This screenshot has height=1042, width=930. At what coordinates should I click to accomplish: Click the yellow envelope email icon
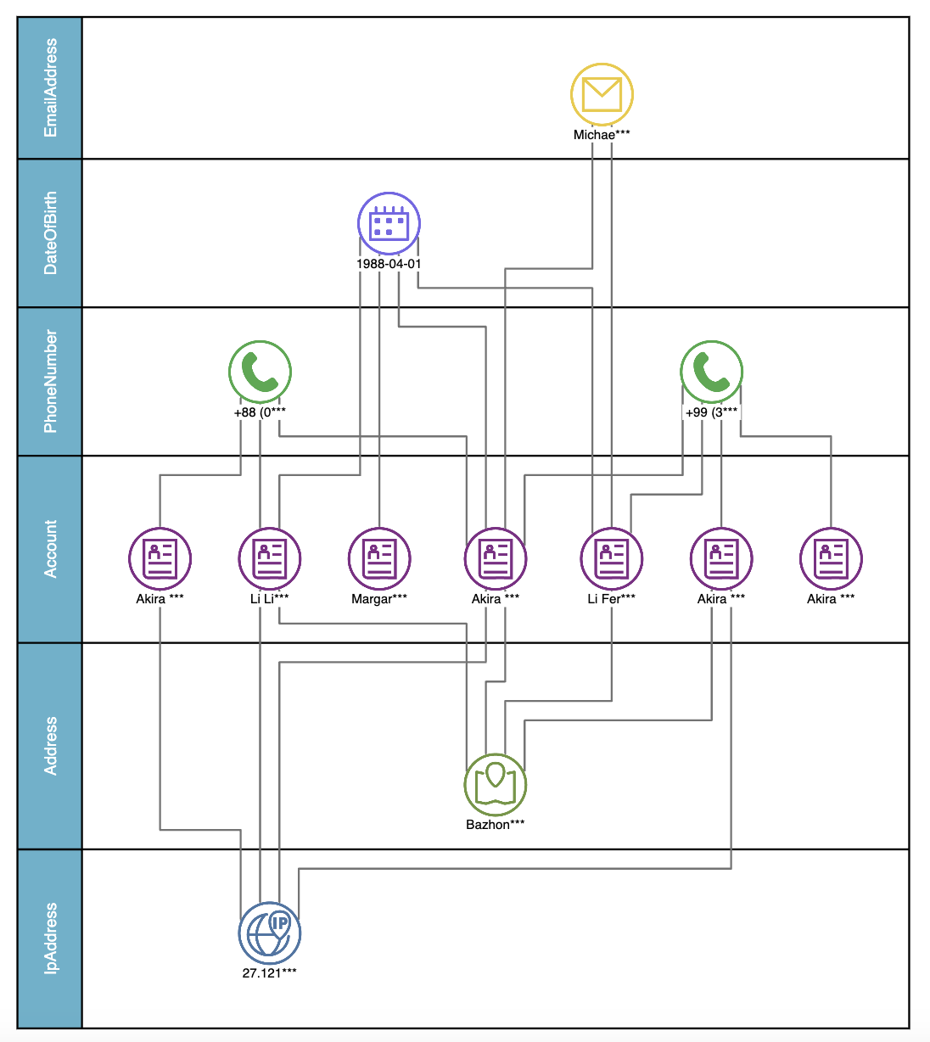(602, 94)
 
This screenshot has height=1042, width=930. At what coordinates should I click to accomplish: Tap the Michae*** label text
(602, 135)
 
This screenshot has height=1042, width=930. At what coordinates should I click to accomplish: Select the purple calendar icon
(389, 224)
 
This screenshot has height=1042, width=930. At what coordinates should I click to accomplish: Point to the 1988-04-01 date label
(389, 264)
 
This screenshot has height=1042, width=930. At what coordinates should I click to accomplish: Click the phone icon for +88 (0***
(260, 372)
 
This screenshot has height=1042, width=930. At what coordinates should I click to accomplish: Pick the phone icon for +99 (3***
(711, 372)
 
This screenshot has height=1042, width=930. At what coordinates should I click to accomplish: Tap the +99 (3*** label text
(711, 412)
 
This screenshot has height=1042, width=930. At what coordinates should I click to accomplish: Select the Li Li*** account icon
(270, 558)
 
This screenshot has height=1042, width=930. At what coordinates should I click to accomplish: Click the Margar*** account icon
(379, 558)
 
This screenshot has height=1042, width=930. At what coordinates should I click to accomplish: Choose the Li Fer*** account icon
(611, 558)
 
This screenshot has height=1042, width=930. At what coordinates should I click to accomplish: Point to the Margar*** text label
(379, 599)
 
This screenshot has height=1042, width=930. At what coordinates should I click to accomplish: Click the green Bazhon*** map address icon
(496, 785)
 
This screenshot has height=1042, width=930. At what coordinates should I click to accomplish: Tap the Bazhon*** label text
(496, 825)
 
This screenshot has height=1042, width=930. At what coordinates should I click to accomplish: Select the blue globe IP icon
(270, 933)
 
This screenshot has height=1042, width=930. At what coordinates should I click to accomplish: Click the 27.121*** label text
(270, 973)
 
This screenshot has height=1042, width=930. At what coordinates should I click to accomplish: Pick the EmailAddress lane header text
(51, 87)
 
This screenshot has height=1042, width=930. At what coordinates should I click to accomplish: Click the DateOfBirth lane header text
(51, 233)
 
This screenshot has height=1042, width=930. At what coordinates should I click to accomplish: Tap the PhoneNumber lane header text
(51, 381)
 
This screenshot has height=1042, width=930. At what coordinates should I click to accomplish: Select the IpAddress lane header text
(51, 938)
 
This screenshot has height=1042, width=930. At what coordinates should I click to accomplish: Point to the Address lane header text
(51, 746)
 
